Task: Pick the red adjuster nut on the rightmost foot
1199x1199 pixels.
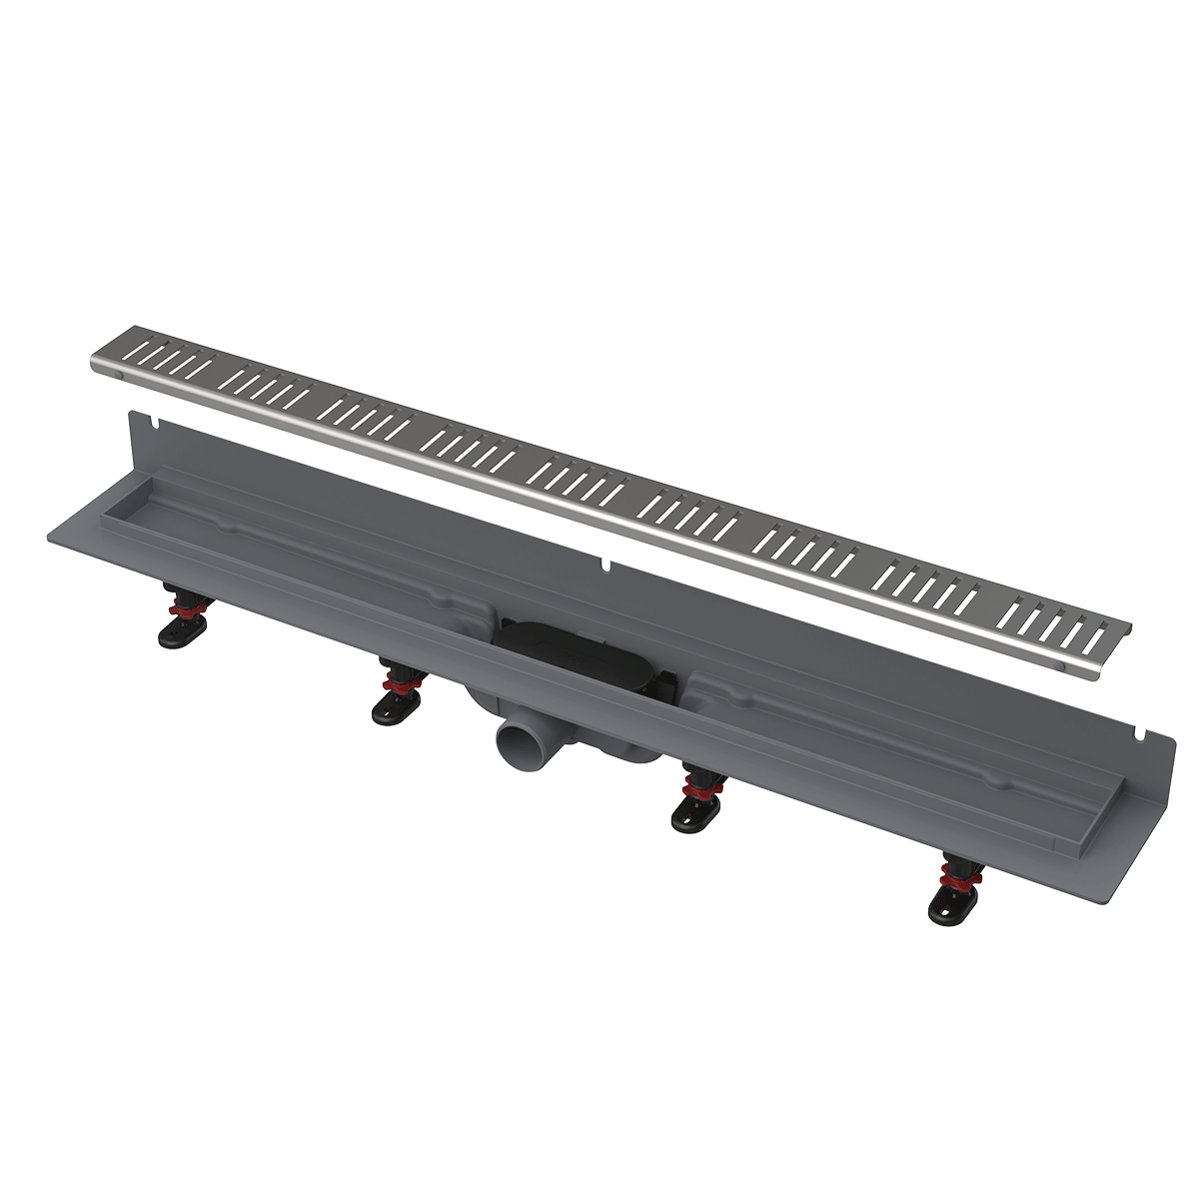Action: click(x=958, y=878)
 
